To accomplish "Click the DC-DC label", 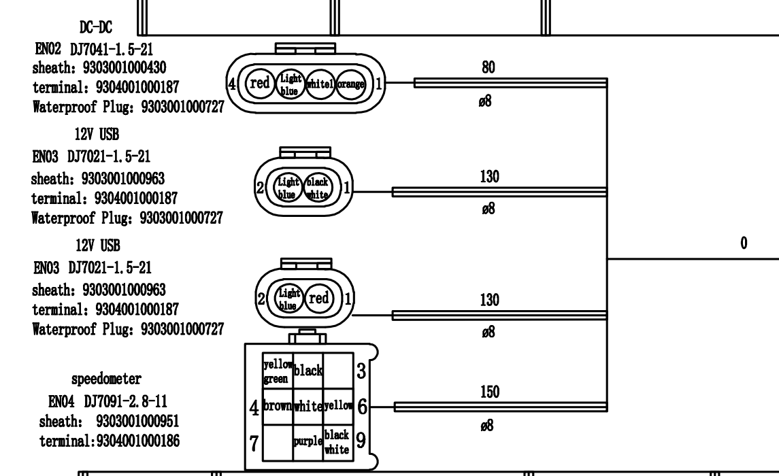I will [95, 27].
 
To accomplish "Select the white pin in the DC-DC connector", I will [322, 84].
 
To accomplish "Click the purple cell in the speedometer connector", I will [308, 442].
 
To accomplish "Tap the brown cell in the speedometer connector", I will [278, 407].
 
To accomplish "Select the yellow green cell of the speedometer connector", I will [278, 371].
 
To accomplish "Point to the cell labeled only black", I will [308, 371].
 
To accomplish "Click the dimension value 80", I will [488, 67].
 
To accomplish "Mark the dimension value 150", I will [489, 392].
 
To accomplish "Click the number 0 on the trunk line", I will [744, 243].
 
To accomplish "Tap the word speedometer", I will [105, 377].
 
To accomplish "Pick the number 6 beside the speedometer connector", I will [362, 407].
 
